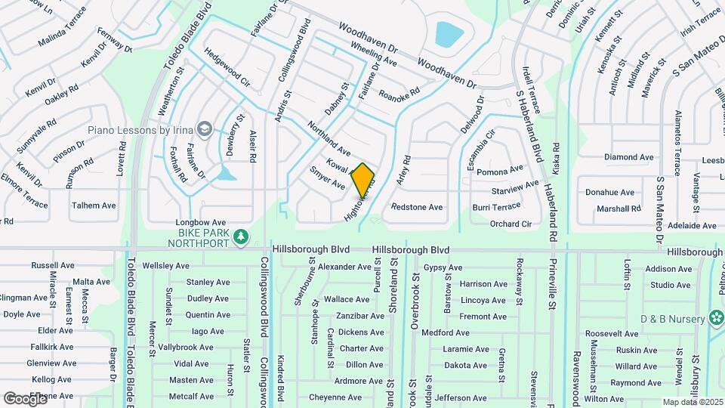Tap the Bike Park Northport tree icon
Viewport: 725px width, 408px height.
241,237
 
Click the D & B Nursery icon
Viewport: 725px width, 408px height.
714,319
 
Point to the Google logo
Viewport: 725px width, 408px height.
25,398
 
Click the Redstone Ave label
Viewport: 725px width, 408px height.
417,207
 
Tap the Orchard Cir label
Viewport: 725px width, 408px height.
511,224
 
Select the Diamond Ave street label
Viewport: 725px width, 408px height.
629,157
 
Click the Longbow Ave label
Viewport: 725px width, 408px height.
196,222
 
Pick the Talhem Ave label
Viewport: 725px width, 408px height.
94,206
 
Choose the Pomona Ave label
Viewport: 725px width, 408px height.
499,172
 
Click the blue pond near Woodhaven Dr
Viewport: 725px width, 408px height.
449,33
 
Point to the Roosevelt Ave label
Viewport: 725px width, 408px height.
612,333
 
